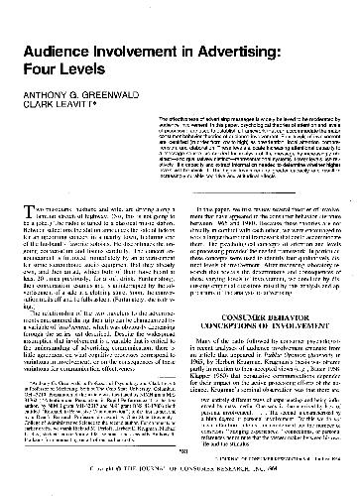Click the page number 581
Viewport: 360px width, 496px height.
tap(180, 452)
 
